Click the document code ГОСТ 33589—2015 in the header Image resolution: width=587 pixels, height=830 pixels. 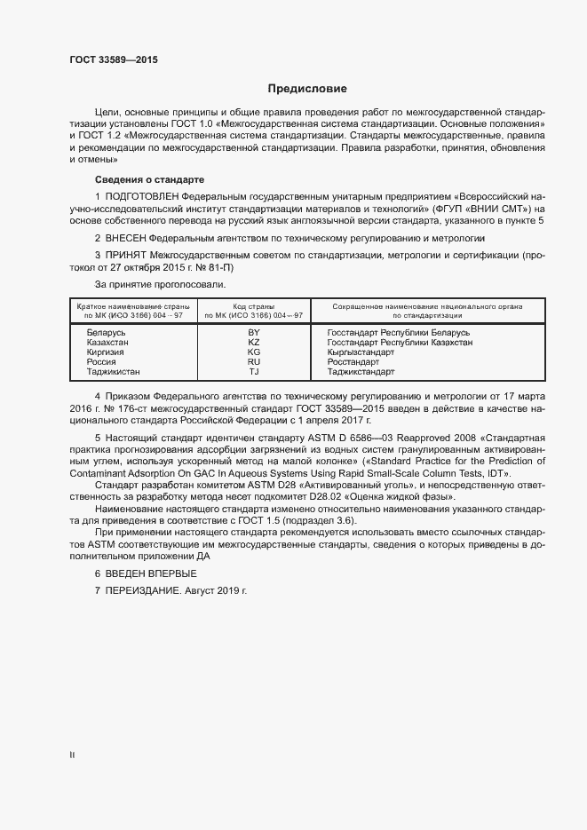click(115, 60)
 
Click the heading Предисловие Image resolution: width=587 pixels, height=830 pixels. click(308, 89)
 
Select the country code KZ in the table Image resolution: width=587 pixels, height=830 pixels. click(254, 342)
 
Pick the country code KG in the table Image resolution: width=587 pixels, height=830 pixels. click(254, 352)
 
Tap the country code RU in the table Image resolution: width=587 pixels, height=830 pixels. click(254, 362)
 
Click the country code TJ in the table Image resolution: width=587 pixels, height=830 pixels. click(254, 373)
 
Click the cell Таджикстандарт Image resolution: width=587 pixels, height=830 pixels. click(361, 373)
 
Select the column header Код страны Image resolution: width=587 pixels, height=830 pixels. click(254, 305)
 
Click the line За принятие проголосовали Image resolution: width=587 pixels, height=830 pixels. click(161, 284)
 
